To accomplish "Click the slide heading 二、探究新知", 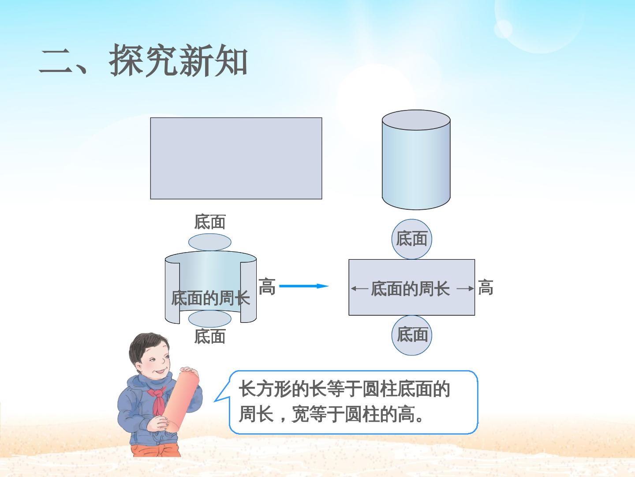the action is click(143, 61).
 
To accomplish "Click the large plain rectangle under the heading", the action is click(236, 159).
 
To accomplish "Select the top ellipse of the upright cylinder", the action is click(416, 120).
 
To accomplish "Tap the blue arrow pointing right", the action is click(304, 286).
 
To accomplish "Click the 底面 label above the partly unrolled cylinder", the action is click(210, 222).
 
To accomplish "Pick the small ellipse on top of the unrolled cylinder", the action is click(210, 242).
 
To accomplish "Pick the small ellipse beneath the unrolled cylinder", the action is click(210, 319).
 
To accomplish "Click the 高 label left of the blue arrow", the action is click(267, 287).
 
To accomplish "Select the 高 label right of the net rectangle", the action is click(486, 287).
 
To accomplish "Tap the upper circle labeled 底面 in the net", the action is click(412, 239).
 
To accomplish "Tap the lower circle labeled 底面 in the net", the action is click(412, 335).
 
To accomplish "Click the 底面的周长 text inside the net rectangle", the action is click(410, 289).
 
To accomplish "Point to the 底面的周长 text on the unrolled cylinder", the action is click(210, 298).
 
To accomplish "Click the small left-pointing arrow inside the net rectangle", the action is click(359, 288).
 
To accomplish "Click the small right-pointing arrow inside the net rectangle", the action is click(465, 288).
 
